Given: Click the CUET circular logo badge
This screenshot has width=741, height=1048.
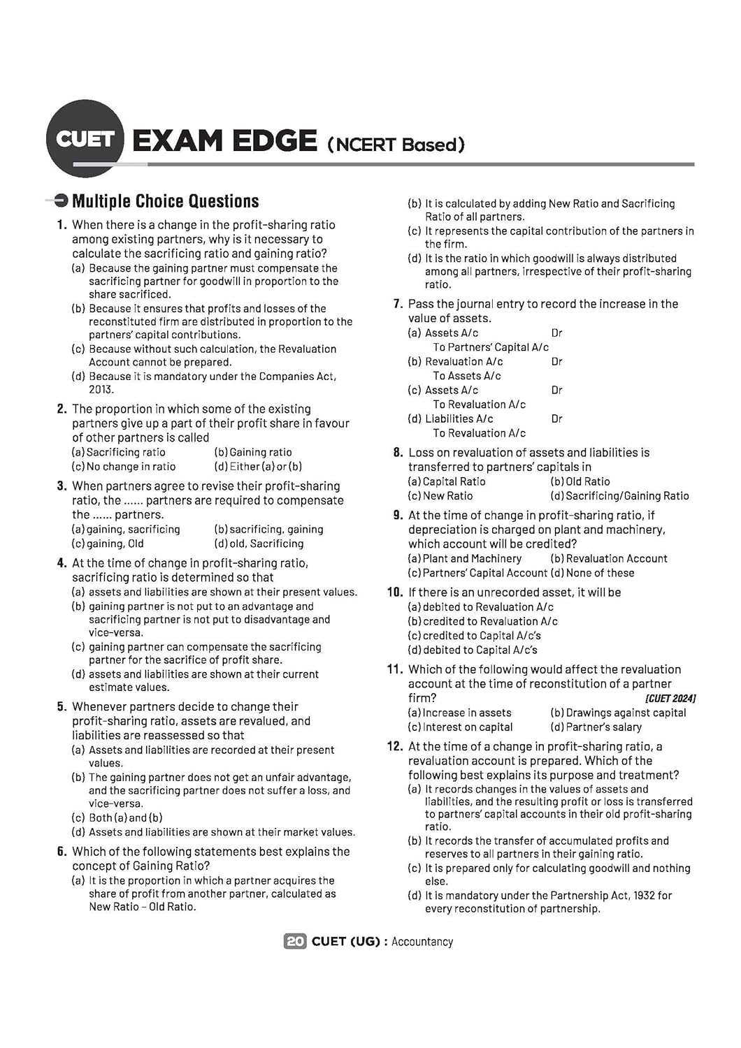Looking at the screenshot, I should click(85, 138).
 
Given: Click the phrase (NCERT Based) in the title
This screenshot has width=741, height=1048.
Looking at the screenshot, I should click(396, 145).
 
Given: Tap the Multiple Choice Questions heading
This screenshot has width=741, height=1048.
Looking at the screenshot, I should click(165, 201).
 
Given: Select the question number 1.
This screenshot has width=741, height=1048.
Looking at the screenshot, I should click(62, 225).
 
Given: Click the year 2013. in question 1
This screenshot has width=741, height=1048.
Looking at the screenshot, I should click(101, 389).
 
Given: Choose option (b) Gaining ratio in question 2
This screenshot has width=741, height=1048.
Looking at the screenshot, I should click(253, 452).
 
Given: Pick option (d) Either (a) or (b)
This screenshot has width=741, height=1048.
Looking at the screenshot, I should click(258, 466).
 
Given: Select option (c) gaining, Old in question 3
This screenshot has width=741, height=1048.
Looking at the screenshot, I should click(108, 543).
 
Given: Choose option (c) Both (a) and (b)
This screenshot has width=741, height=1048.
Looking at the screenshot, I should click(117, 817).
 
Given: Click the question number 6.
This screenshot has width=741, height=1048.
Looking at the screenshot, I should click(62, 852).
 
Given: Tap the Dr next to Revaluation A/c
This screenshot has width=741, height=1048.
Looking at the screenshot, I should click(557, 361).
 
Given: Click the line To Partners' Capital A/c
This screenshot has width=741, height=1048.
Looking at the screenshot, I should click(491, 347).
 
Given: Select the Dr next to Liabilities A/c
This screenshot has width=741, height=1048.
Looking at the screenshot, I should click(557, 419).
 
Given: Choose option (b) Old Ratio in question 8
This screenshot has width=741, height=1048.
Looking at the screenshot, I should click(580, 481).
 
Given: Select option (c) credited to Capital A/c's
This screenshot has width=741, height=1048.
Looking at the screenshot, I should click(475, 636).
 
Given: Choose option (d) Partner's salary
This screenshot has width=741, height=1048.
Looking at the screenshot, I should click(596, 727).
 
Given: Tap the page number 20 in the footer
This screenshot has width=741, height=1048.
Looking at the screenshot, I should click(295, 941).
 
